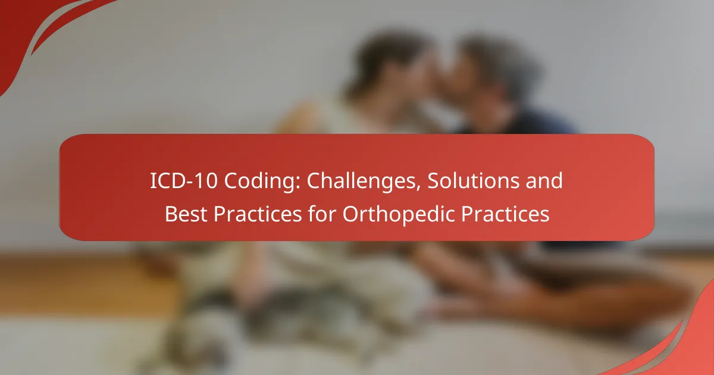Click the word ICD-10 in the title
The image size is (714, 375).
tap(184, 180)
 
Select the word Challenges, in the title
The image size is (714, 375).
tap(364, 182)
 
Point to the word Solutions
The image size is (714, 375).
tap(473, 180)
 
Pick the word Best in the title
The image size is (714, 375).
tap(186, 214)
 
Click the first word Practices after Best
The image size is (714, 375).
tap(258, 214)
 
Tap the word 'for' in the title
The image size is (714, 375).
tap(322, 213)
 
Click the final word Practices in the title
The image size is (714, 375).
tap(505, 214)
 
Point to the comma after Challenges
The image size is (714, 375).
tap(418, 189)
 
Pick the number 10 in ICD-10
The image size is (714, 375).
tap(207, 181)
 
